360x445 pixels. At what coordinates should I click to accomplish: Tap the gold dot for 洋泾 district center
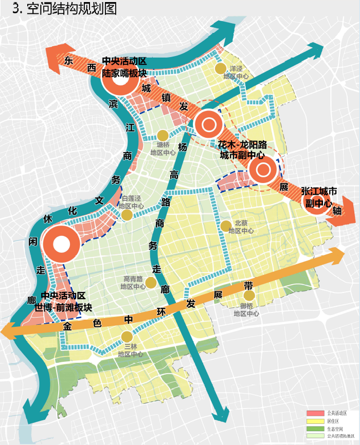tap(220, 68)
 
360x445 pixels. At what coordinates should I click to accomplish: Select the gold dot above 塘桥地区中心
tap(163, 135)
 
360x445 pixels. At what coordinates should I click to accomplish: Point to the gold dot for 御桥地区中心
tap(249, 295)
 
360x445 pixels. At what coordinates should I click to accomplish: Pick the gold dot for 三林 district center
tap(127, 337)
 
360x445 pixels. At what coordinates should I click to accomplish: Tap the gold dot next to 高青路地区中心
tap(151, 283)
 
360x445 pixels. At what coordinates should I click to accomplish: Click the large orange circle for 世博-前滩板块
tap(61, 244)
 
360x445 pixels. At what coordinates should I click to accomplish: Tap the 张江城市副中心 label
tap(319, 197)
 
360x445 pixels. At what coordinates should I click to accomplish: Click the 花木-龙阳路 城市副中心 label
tap(241, 150)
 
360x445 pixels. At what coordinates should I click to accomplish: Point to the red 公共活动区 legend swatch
tap(315, 413)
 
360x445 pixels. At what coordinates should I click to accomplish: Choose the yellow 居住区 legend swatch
tap(315, 421)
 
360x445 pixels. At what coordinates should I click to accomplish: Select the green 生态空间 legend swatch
tap(315, 429)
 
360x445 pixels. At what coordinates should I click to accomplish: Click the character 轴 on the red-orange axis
tap(337, 211)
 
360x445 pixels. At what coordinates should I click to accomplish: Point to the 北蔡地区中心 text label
tap(241, 227)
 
